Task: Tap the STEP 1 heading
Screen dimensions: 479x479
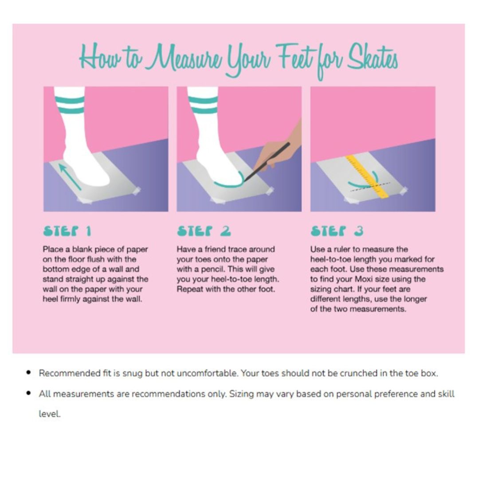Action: click(x=67, y=231)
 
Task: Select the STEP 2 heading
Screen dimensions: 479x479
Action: click(x=204, y=231)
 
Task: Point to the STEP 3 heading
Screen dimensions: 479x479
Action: click(x=337, y=231)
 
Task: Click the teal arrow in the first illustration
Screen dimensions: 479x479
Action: click(x=69, y=177)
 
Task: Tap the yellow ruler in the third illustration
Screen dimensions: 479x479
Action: click(x=367, y=176)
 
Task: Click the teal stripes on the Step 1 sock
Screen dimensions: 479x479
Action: click(x=69, y=105)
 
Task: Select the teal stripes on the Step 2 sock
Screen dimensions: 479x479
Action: click(x=203, y=105)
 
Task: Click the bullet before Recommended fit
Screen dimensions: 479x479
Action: click(x=29, y=373)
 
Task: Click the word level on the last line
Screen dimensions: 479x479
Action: click(x=50, y=414)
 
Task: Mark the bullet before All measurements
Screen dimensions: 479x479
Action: click(x=29, y=393)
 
